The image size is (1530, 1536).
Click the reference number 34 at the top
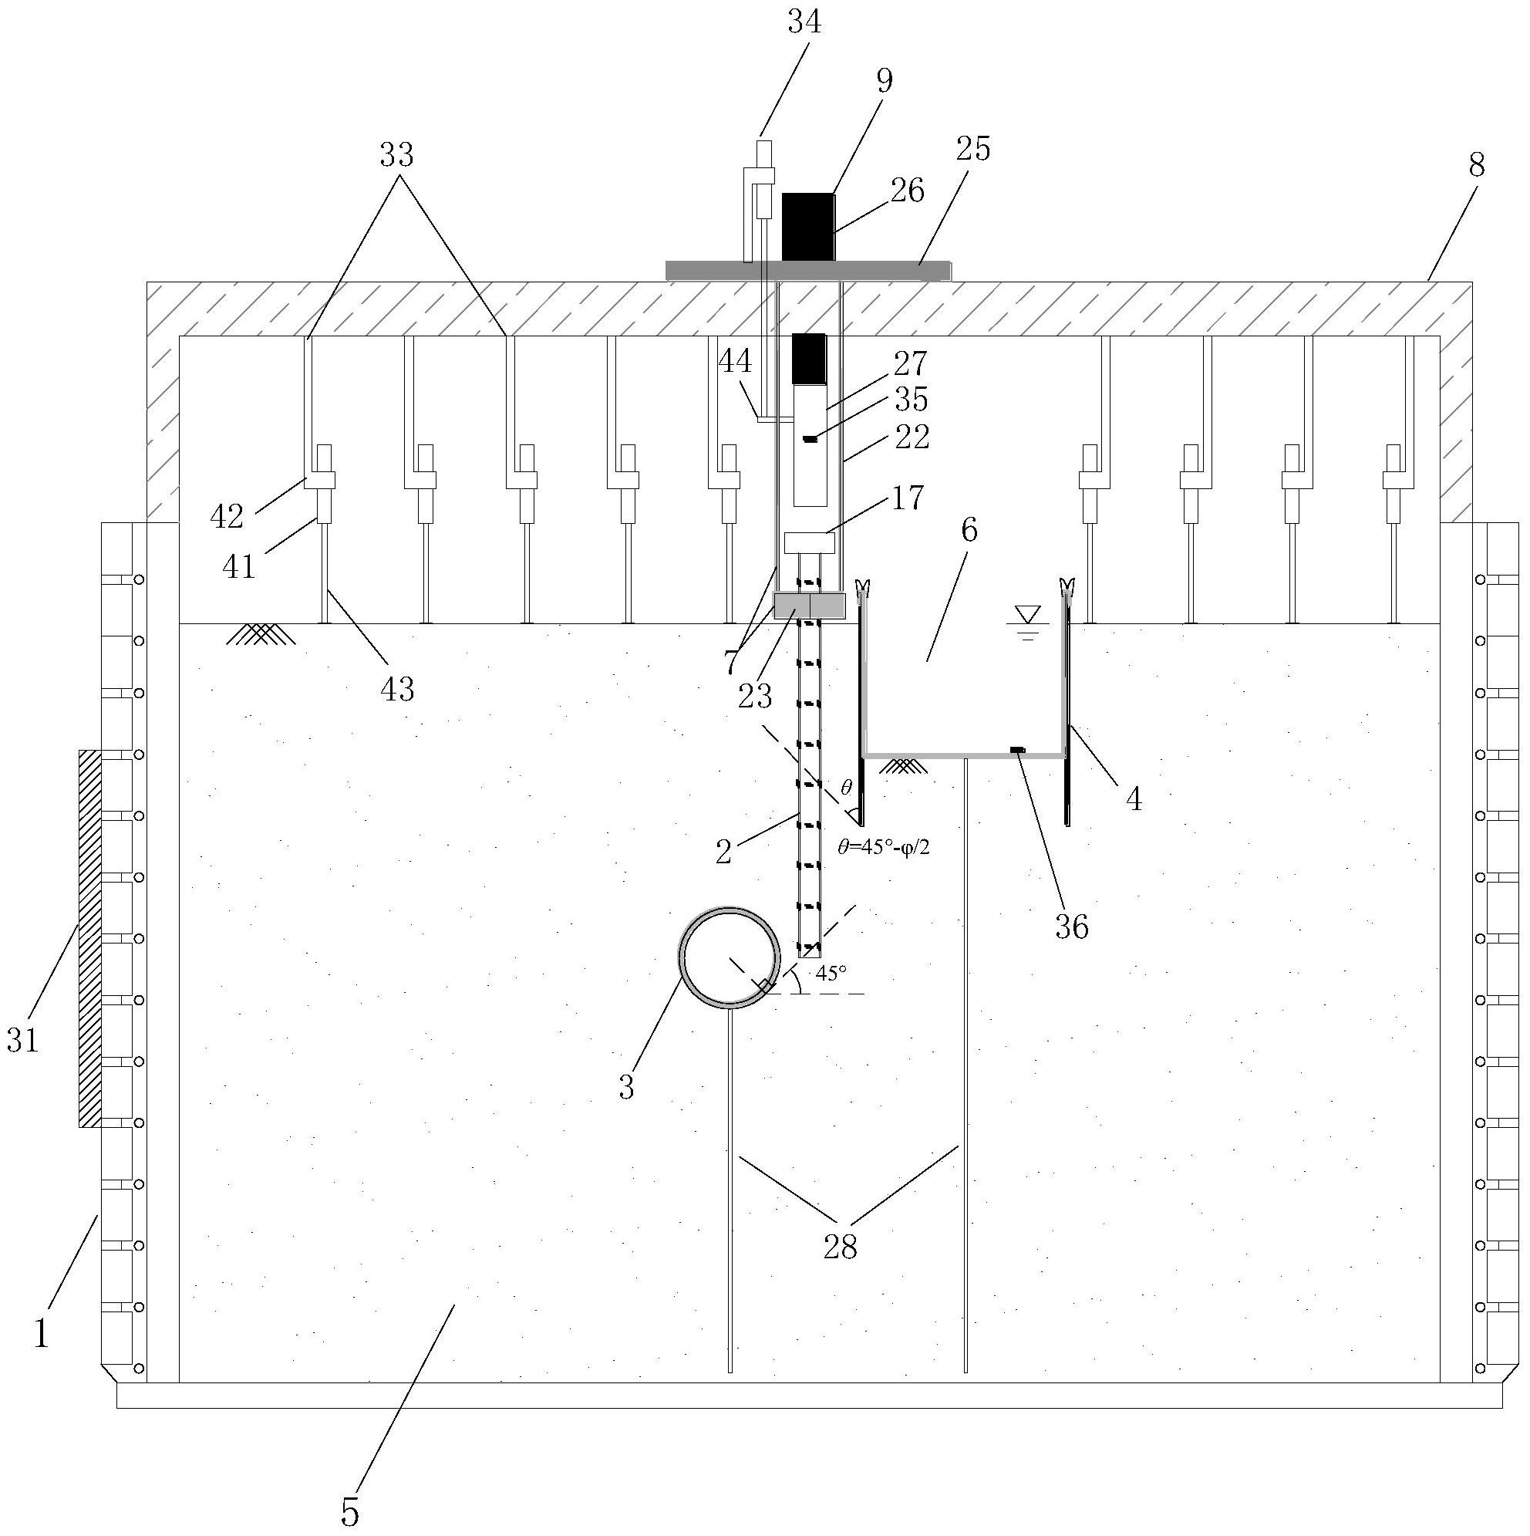click(x=804, y=22)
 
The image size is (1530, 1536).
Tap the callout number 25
click(x=975, y=148)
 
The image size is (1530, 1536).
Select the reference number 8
click(x=1476, y=165)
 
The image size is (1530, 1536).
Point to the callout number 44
click(x=734, y=363)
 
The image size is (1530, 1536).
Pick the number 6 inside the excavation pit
click(x=969, y=530)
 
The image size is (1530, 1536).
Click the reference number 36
click(x=1071, y=927)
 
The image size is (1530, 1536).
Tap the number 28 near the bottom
click(x=841, y=1247)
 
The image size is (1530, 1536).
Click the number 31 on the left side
click(x=22, y=1039)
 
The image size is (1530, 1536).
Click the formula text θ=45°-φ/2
click(x=884, y=848)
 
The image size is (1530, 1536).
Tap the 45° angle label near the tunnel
click(x=831, y=972)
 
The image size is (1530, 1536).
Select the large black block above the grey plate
click(x=808, y=227)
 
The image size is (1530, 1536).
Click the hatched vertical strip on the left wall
click(x=89, y=938)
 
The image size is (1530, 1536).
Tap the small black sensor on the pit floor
click(x=1017, y=749)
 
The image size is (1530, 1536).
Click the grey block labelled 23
click(x=809, y=606)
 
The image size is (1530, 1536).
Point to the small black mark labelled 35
click(x=810, y=439)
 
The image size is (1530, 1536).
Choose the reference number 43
click(x=396, y=688)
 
